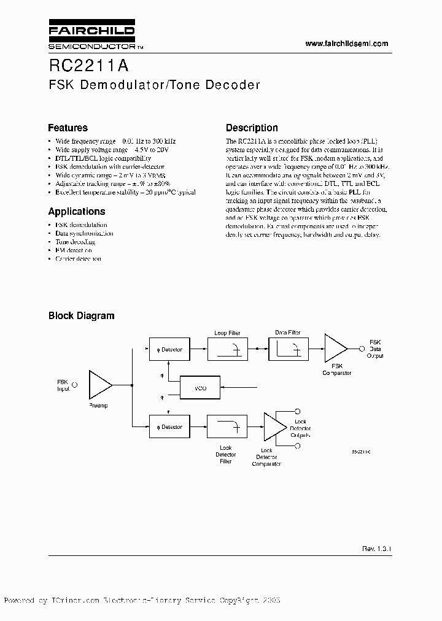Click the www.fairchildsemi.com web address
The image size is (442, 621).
tap(347, 44)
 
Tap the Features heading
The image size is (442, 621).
tap(68, 128)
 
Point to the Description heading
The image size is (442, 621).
tap(252, 128)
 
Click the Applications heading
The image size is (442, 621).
tap(77, 212)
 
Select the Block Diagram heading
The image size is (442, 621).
tap(81, 316)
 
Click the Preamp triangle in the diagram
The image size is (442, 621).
tap(99, 385)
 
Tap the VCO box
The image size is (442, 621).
tap(200, 388)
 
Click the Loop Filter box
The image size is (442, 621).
tap(227, 350)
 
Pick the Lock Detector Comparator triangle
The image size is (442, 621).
tap(274, 426)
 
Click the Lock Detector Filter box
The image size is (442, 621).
tap(227, 426)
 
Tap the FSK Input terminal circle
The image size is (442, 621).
tap(75, 385)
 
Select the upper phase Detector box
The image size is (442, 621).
tap(168, 350)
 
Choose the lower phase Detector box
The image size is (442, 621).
tap(168, 426)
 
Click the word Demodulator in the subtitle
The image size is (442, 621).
tap(126, 85)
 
